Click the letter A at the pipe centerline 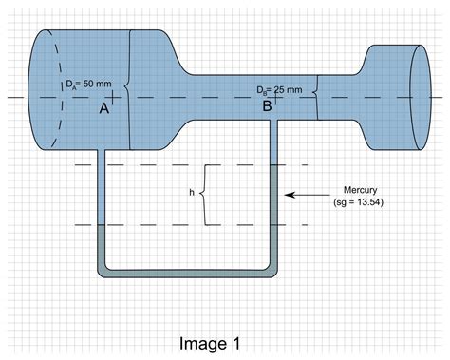point(104,110)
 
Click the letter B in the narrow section point(267,107)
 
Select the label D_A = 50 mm point(75,83)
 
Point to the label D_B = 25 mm point(280,89)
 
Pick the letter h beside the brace point(192,194)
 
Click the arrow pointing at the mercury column point(308,195)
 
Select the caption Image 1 point(224,341)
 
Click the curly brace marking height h point(204,194)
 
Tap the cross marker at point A point(113,98)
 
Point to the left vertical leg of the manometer point(102,190)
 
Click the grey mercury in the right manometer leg point(277,218)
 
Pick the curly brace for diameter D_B point(316,98)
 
